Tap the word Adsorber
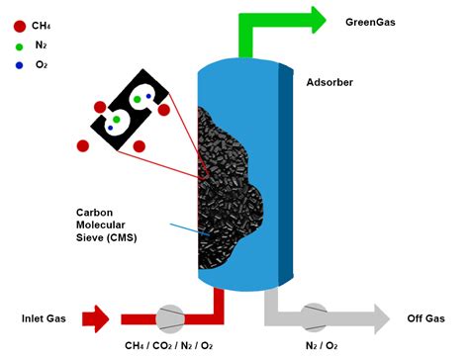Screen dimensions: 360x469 tap(329, 81)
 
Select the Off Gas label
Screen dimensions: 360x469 tap(425, 318)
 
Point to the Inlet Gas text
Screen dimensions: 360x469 tap(46, 318)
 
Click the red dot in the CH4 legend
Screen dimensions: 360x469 tap(20, 26)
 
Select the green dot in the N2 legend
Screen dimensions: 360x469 tap(20, 45)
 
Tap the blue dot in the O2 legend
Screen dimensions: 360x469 tap(20, 64)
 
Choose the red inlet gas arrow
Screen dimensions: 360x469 tap(97, 318)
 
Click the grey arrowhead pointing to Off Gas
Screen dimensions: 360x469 tap(381, 318)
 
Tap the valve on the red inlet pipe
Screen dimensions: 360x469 tap(169, 317)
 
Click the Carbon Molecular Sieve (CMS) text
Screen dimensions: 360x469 tap(108, 226)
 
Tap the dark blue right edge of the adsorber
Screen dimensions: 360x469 tap(288, 168)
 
